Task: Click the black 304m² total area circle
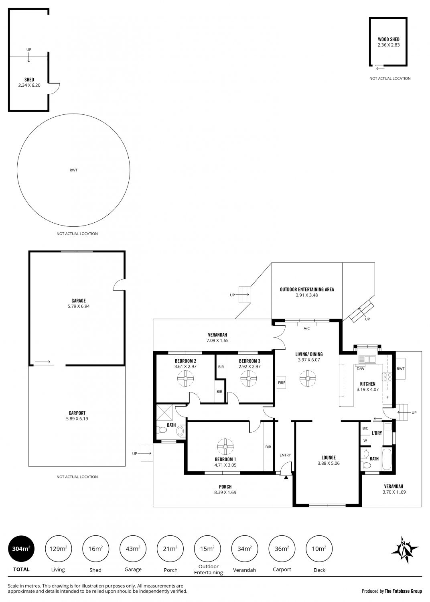point(21,548)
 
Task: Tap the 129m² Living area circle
point(58,548)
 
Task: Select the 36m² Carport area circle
point(282,548)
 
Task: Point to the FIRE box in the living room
point(282,382)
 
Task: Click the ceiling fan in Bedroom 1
point(225,446)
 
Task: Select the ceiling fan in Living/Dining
point(308,378)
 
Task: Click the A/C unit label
point(306,328)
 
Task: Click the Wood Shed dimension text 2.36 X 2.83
point(388,45)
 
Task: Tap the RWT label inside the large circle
point(73,170)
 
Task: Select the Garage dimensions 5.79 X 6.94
point(79,306)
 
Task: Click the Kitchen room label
point(367,384)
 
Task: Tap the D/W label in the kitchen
point(361,369)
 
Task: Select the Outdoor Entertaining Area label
point(307,289)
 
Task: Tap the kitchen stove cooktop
point(387,377)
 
